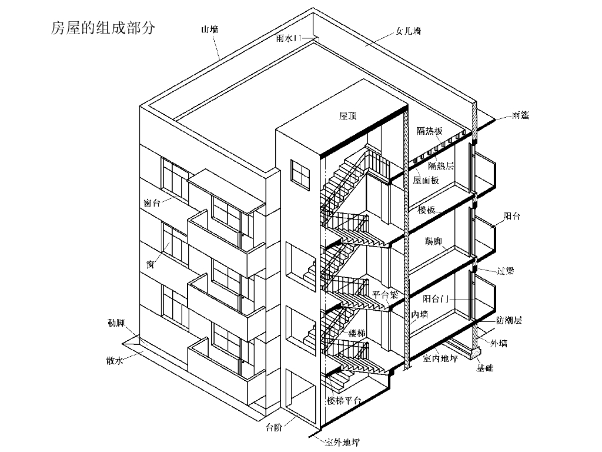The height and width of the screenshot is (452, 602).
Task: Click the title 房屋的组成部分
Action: (103, 28)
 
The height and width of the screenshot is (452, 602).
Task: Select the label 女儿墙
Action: (408, 30)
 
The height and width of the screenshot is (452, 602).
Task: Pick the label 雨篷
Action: (520, 115)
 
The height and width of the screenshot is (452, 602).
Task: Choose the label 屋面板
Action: (426, 180)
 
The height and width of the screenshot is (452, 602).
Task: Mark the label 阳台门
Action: (436, 299)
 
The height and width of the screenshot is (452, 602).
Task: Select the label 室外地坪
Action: (343, 443)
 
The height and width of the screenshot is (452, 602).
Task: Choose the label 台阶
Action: (274, 427)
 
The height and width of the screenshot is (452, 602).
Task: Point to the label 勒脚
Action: (116, 323)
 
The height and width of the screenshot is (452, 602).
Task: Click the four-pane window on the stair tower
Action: (300, 174)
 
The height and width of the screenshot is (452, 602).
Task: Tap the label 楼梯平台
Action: (345, 400)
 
